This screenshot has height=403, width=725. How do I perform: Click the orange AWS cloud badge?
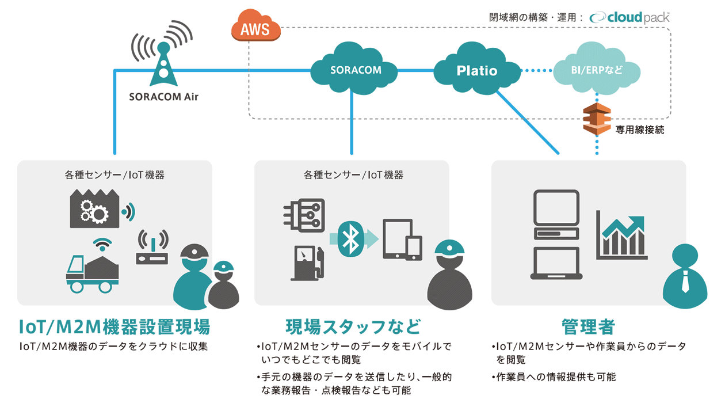click(255, 28)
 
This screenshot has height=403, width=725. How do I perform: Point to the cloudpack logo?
click(629, 17)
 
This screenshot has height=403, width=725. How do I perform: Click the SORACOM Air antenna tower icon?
click(163, 60)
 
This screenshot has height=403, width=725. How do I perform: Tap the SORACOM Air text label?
click(163, 97)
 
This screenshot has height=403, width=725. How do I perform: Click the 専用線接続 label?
click(639, 130)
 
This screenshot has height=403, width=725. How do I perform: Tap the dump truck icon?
click(92, 272)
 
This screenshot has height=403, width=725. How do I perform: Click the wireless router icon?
click(152, 249)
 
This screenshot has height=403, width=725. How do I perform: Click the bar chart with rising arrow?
click(621, 237)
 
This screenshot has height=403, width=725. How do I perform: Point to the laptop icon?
click(556, 263)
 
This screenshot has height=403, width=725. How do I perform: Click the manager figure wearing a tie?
click(685, 276)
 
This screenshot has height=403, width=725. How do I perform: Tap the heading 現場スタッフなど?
click(353, 327)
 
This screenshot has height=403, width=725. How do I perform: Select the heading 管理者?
click(588, 327)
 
